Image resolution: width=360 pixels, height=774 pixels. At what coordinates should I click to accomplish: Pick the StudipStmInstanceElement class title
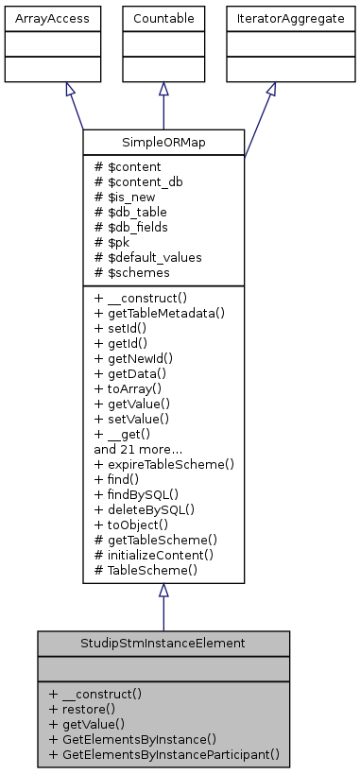pos(163,643)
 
